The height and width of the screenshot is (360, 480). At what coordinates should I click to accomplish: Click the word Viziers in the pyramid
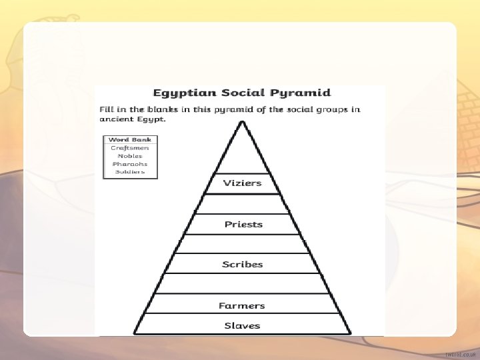tap(242, 183)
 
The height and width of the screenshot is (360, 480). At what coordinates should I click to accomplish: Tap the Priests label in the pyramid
tap(243, 224)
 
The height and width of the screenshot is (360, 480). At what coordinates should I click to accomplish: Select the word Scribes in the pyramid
tap(243, 264)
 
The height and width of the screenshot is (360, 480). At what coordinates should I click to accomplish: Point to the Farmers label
tap(242, 305)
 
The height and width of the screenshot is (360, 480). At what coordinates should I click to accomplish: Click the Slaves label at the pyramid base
tap(242, 325)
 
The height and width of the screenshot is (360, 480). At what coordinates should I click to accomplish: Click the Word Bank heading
tap(130, 139)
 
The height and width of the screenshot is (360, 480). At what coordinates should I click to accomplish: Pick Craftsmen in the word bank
tap(130, 147)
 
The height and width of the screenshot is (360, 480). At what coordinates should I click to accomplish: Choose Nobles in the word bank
tap(130, 155)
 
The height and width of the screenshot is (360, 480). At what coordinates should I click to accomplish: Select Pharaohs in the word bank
tap(130, 163)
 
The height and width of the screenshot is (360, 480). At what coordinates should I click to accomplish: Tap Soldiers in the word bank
tap(130, 171)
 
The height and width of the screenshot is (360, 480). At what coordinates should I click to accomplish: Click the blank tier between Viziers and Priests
tap(242, 203)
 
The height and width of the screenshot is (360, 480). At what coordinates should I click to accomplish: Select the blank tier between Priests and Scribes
tap(242, 244)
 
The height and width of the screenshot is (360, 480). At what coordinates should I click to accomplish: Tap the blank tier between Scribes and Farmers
tap(242, 283)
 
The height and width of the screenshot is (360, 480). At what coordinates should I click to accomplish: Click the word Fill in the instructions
tap(107, 109)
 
